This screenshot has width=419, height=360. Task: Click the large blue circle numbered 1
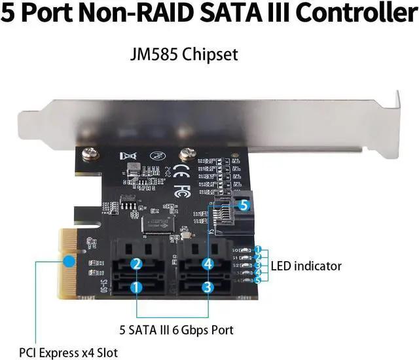[x=136, y=287]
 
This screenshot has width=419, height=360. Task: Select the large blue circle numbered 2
[x=136, y=264]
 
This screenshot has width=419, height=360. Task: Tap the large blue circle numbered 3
[x=207, y=287]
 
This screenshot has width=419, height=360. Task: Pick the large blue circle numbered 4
[x=207, y=264]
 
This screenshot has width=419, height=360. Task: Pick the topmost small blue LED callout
[x=259, y=250]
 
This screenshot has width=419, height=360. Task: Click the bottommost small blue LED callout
[x=259, y=279]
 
